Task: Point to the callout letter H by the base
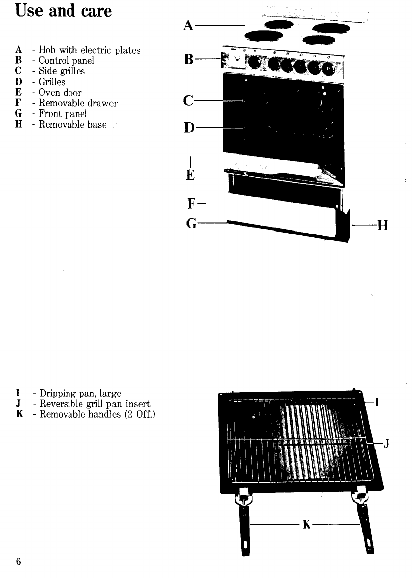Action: coord(382,225)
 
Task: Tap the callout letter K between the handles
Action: coord(306,525)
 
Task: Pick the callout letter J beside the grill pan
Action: coord(387,444)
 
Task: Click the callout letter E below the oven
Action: coord(190,175)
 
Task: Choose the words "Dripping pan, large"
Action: coord(78,393)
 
